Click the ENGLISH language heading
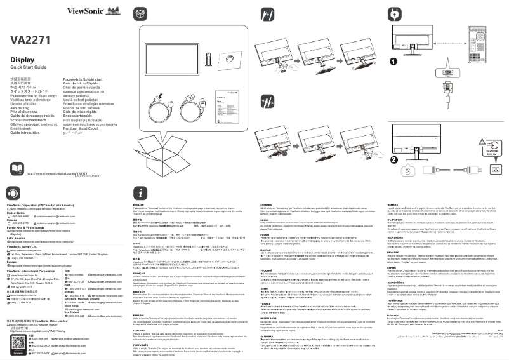(x=138, y=204)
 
